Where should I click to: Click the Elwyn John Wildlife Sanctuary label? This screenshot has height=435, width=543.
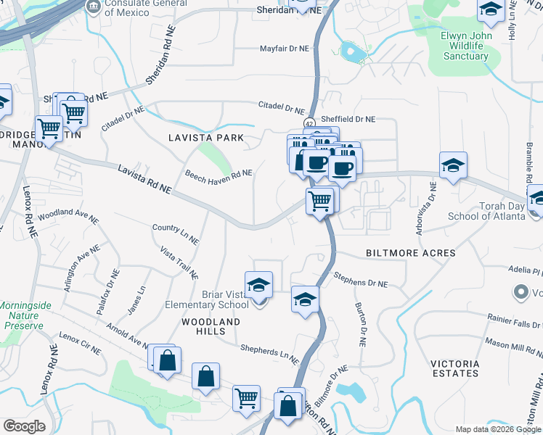tap(465, 46)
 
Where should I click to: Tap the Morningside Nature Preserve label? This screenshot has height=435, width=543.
tap(25, 315)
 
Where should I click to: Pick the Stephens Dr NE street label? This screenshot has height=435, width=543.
tap(361, 279)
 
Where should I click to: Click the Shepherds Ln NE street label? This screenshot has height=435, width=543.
tap(270, 353)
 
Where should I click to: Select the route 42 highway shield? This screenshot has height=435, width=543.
tap(309, 123)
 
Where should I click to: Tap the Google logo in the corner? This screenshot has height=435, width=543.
tap(24, 426)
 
